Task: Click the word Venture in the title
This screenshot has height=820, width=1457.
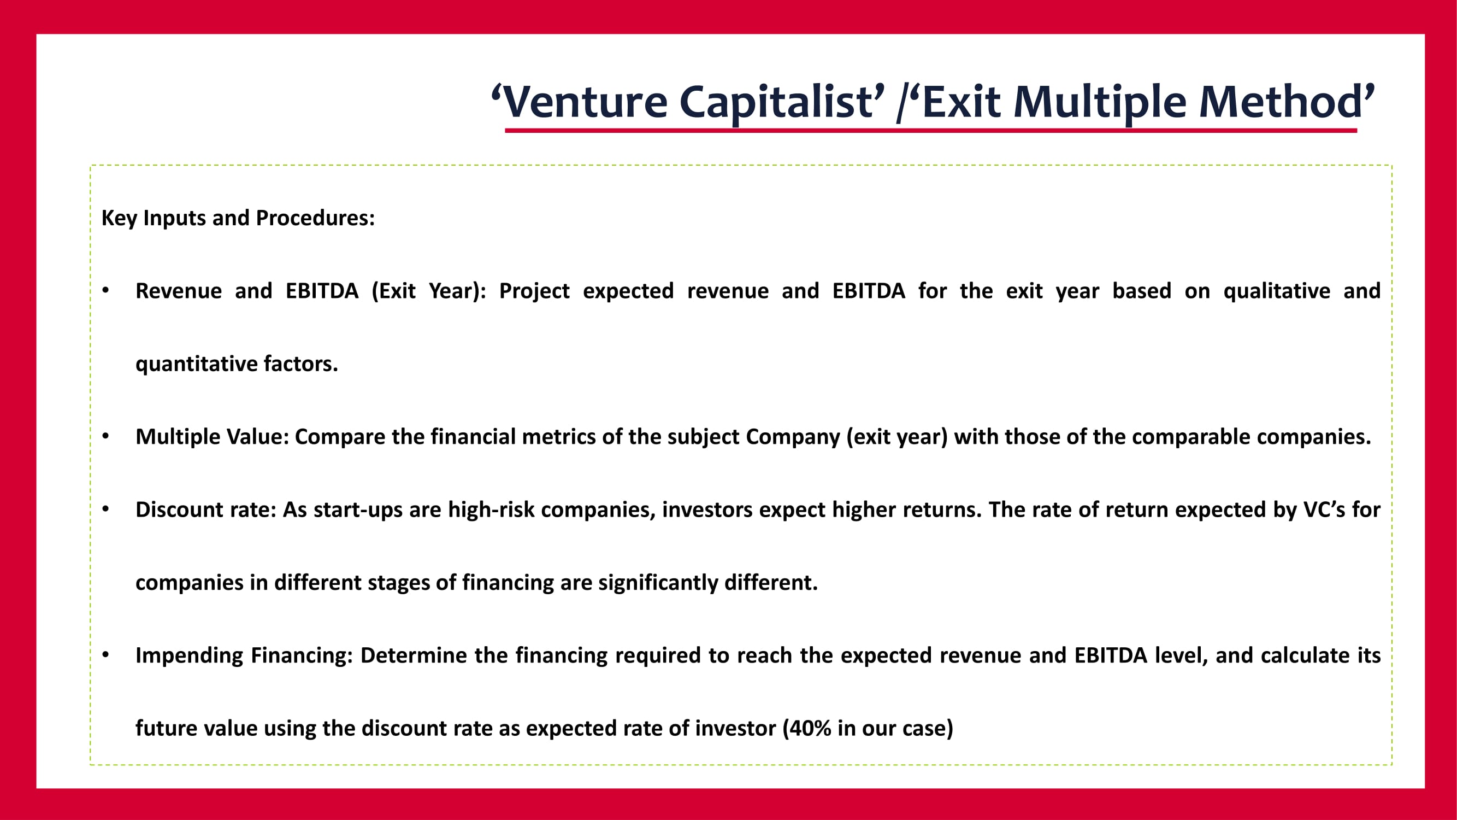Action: point(585,102)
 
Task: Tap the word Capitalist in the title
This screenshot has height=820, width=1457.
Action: point(776,103)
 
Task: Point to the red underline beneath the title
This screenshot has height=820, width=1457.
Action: point(931,131)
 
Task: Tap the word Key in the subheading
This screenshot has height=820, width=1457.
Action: point(119,219)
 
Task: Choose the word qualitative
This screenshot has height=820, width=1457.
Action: point(1277,291)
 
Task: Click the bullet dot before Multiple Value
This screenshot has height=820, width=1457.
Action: point(106,437)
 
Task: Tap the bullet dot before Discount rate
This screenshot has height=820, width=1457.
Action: point(106,509)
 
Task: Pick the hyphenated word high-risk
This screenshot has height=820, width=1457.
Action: point(491,510)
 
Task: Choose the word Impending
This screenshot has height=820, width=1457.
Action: point(190,656)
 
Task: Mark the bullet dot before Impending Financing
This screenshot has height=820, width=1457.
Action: point(106,655)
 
